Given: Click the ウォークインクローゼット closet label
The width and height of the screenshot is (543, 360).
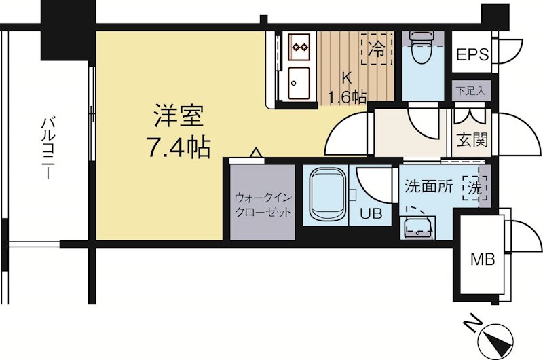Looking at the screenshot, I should click(x=263, y=204).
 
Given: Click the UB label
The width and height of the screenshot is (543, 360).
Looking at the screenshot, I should click(x=371, y=214).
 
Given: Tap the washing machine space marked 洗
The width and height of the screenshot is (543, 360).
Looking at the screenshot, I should click(x=476, y=187).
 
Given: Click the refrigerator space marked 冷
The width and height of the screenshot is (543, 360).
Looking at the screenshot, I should click(x=377, y=48).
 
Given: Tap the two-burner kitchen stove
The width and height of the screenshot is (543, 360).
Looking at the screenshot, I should click(x=299, y=46).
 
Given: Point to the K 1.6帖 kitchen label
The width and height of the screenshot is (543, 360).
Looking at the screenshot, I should click(x=345, y=88).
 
